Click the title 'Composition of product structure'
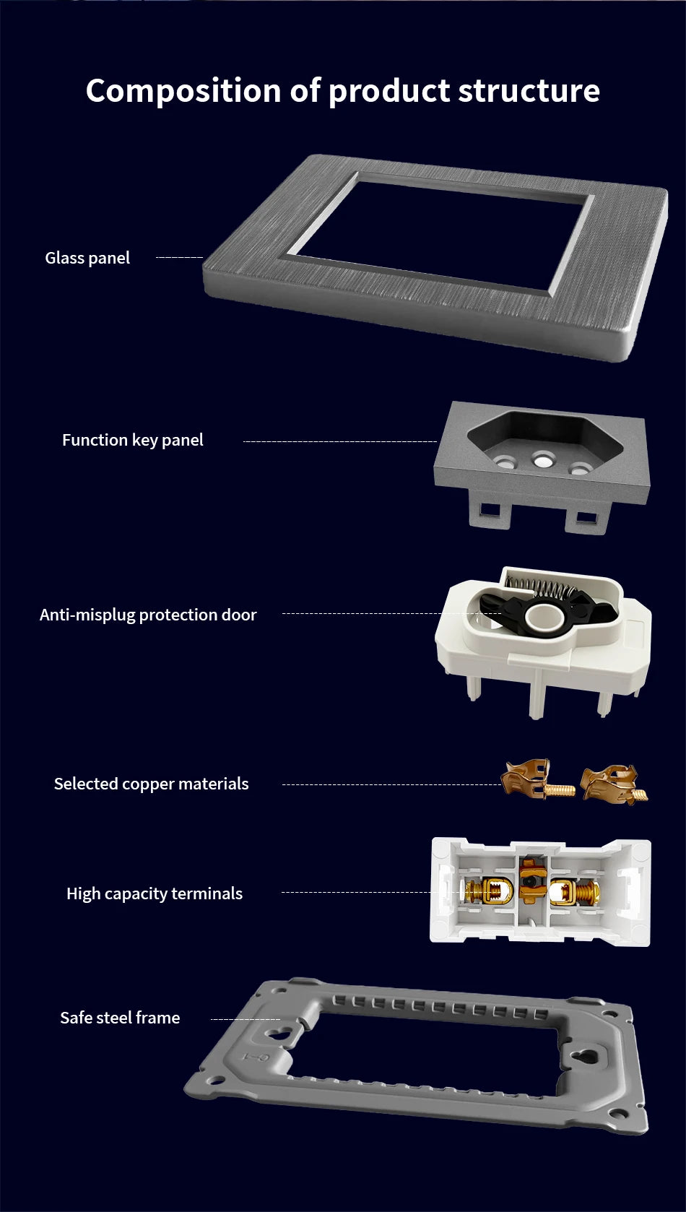coord(343,90)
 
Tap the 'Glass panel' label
coord(87,258)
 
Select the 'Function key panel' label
coord(133,440)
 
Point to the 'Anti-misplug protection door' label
coord(148,615)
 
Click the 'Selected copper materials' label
coord(152,784)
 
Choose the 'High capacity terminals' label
coord(155,893)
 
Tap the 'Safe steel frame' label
coord(120,1017)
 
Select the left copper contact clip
coord(537,779)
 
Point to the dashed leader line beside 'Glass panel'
coord(179,258)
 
